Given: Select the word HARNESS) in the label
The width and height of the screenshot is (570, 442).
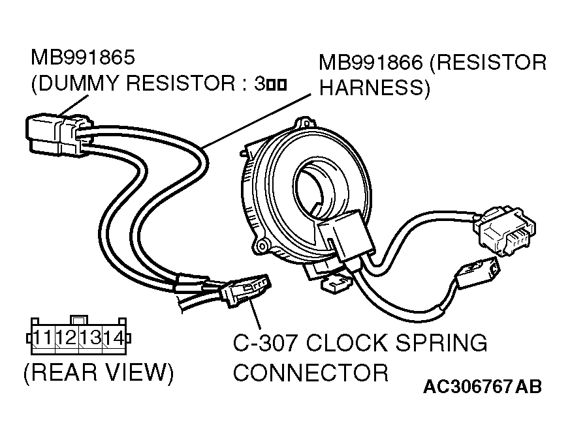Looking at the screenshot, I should tap(374, 89).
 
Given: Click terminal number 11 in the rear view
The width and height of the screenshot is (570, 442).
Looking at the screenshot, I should tap(44, 338).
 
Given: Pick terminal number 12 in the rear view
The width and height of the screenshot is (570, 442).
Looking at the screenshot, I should tap(67, 338).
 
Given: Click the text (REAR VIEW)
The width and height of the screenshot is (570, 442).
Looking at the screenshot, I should tap(98, 373).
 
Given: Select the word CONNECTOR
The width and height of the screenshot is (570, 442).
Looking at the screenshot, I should tap(311, 373).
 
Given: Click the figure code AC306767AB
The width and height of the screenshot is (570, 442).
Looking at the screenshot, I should tap(483, 387).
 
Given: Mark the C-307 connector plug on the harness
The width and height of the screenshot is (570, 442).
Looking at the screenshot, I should tap(245, 290).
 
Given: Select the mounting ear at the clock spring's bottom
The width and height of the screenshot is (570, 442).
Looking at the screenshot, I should tap(263, 246).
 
